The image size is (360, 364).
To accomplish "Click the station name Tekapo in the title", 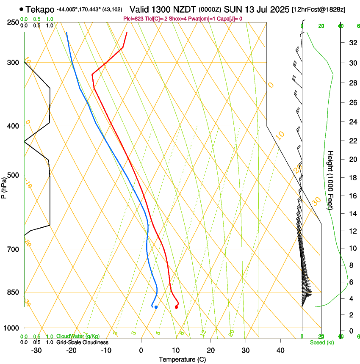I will tap(40, 9).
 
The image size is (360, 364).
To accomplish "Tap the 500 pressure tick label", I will tap(13, 175).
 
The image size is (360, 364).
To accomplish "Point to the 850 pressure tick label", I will tap(13, 292).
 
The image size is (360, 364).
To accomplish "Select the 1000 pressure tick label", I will tap(11, 328).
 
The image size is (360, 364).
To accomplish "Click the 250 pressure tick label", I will tap(13, 22).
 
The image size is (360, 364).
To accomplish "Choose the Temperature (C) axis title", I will tap(182, 359).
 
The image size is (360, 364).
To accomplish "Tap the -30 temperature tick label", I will tap(36, 350).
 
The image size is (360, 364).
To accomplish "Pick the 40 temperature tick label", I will tap(280, 350).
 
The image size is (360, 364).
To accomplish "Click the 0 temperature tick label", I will tap(141, 350).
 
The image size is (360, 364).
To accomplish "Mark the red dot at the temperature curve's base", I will tap(176, 307).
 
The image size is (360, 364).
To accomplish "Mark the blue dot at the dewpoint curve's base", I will tap(156, 307).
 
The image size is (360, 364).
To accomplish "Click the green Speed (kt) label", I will tap(321, 342).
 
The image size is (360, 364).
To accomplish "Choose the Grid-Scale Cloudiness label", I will tap(82, 342).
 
